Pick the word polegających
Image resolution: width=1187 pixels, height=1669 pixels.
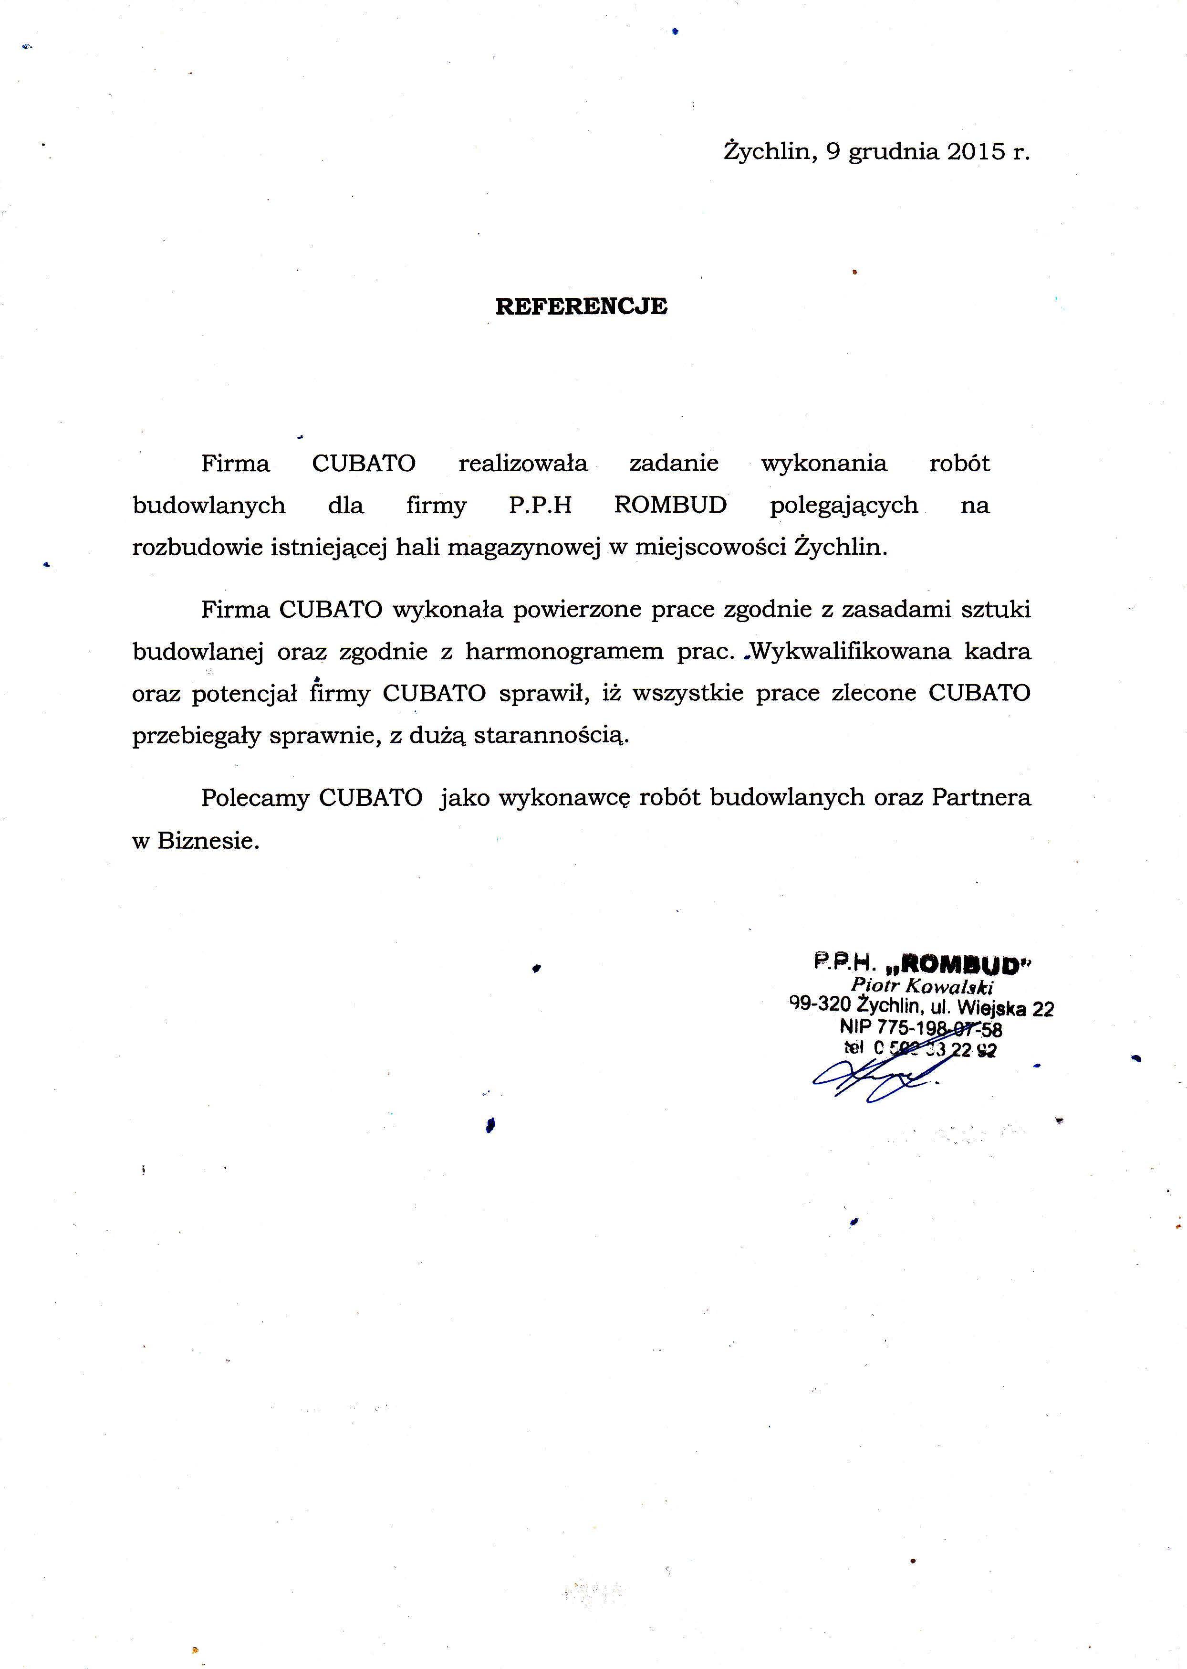[x=843, y=506]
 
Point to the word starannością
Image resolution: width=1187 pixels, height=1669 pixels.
[x=551, y=735]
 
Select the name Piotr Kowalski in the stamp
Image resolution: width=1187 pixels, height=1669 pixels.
[x=922, y=985]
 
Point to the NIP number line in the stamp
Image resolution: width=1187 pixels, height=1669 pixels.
[x=920, y=1027]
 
